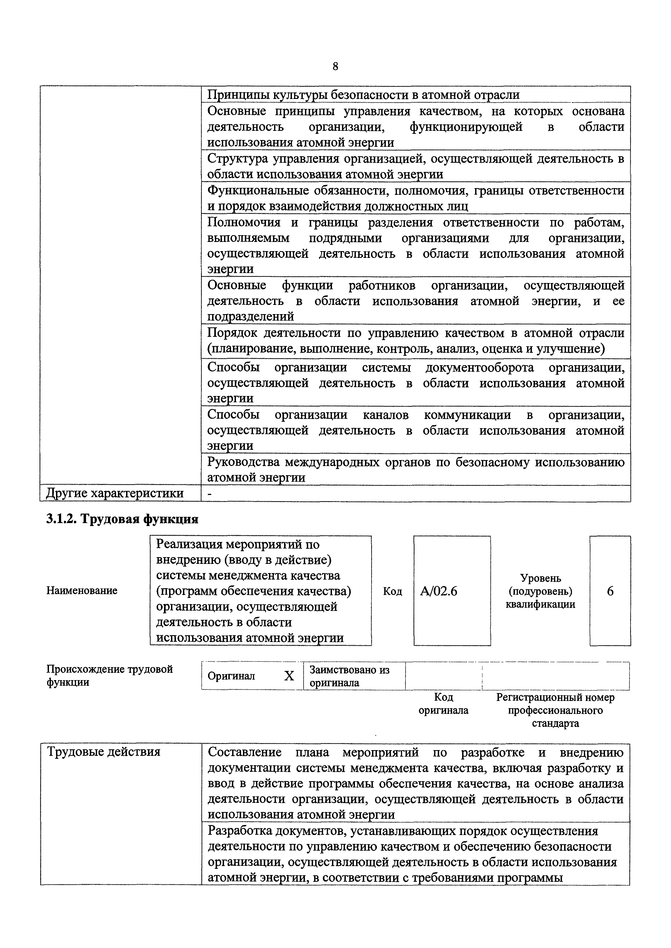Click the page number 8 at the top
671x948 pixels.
pos(335,66)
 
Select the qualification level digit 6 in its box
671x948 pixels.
pos(610,591)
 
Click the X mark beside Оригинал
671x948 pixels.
pos(289,676)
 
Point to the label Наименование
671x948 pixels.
pos(82,590)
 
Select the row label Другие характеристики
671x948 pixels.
pos(115,493)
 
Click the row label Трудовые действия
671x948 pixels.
pos(104,752)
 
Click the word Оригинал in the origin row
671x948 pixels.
pos(231,676)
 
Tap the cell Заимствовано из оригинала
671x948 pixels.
pos(350,676)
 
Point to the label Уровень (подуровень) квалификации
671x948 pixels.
pos(540,591)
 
